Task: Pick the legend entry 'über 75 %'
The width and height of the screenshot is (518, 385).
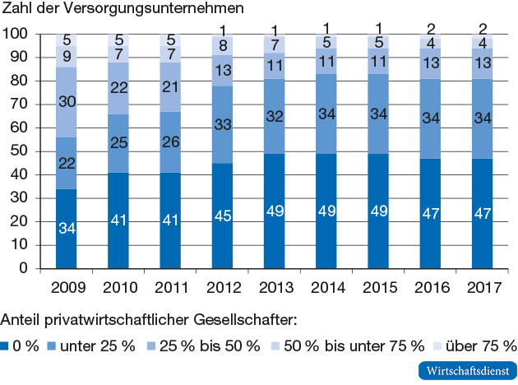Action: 480,345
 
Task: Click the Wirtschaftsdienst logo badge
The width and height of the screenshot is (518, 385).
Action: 465,370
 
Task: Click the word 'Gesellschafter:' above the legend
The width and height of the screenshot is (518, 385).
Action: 246,318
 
